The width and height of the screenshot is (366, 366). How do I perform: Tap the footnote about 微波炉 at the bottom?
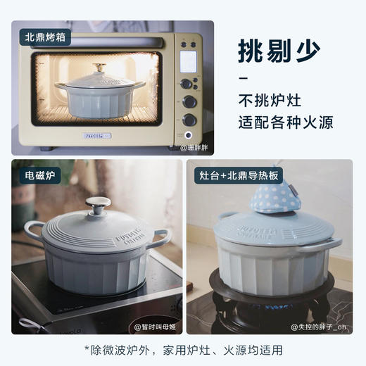(x=183, y=349)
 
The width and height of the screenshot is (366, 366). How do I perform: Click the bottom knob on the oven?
(x=189, y=120)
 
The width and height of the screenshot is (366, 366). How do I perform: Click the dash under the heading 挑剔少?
(x=244, y=77)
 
